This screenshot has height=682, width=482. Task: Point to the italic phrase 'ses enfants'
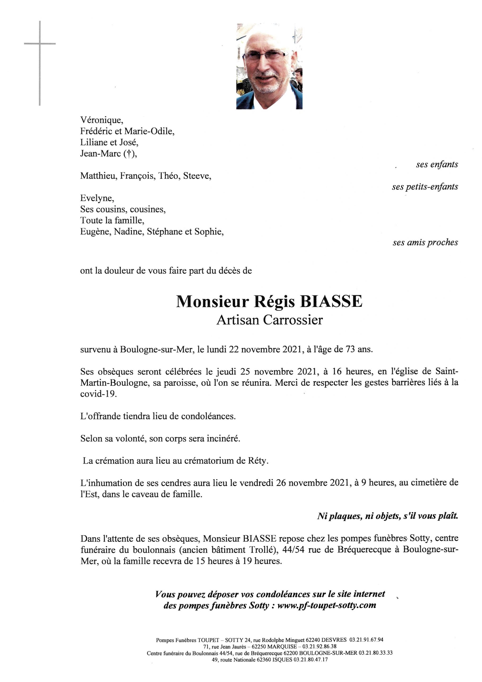pos(437,165)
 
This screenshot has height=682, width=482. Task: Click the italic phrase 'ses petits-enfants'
pos(425,187)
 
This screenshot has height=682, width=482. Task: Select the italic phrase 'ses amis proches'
pos(425,242)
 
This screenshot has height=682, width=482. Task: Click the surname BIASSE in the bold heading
pos(331,301)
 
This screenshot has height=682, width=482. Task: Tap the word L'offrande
pos(101,416)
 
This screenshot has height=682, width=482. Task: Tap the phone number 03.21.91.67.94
pos(366,640)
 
